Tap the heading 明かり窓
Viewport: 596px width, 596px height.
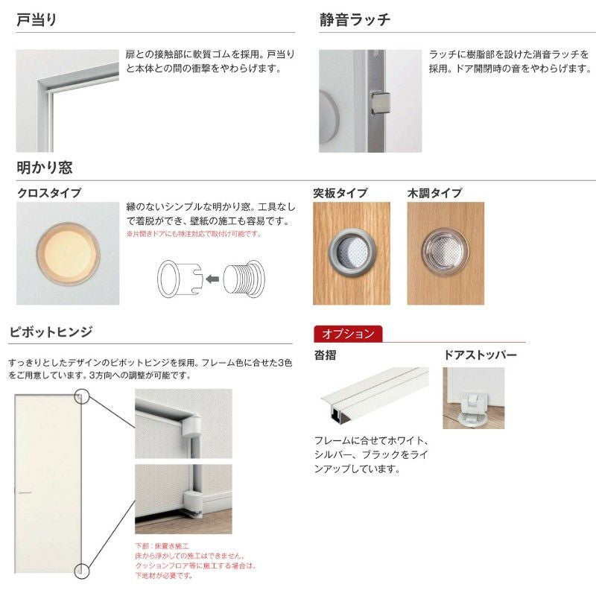click(45, 168)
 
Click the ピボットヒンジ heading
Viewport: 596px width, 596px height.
click(50, 332)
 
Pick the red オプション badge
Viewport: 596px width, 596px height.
click(348, 334)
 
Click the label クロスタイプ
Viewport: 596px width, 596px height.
click(49, 193)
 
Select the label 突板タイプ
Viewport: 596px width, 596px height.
click(340, 193)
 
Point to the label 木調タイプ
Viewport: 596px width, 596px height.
click(434, 193)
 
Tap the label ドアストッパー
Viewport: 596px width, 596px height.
click(480, 355)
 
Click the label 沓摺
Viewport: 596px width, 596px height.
click(325, 355)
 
